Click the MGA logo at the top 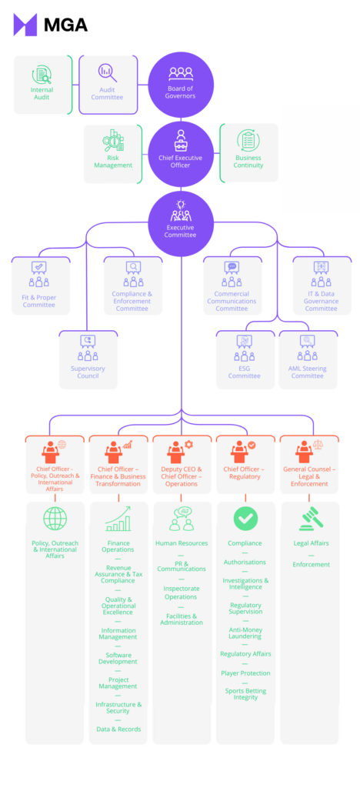[50, 25]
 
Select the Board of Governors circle [181, 85]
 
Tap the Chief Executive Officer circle [181, 154]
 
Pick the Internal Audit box [42, 85]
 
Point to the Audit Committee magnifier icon [107, 73]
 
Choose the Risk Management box [112, 154]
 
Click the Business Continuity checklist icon [248, 141]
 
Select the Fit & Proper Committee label [39, 301]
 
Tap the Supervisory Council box [88, 360]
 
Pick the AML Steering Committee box [308, 360]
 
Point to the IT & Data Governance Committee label [322, 301]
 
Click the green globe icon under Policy [55, 519]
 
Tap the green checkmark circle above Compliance [245, 519]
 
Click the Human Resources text [182, 543]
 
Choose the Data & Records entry [118, 730]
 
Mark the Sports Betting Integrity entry [245, 694]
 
